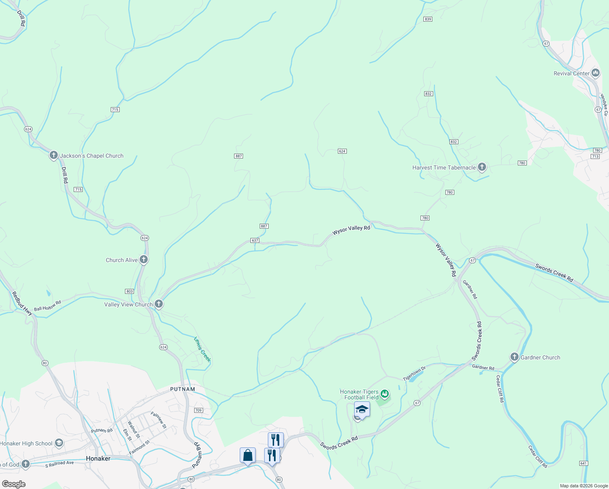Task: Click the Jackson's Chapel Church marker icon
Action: pyautogui.click(x=53, y=155)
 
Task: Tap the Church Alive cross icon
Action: pyautogui.click(x=143, y=260)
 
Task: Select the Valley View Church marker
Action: pyautogui.click(x=159, y=304)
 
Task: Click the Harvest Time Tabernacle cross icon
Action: pyautogui.click(x=482, y=167)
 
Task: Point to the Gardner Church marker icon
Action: pyautogui.click(x=514, y=357)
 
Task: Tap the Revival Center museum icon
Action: pyautogui.click(x=596, y=73)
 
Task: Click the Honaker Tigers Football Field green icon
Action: pyautogui.click(x=385, y=394)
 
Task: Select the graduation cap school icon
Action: pyautogui.click(x=361, y=409)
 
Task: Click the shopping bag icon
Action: pyautogui.click(x=248, y=455)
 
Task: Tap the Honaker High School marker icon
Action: pyautogui.click(x=59, y=443)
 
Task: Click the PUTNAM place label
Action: pyautogui.click(x=183, y=389)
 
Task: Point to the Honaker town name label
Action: pyautogui.click(x=98, y=458)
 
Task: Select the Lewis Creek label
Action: pyautogui.click(x=202, y=349)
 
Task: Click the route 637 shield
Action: pyautogui.click(x=255, y=240)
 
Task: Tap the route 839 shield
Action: pyautogui.click(x=427, y=19)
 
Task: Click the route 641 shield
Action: pyautogui.click(x=583, y=463)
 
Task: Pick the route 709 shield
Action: pyautogui.click(x=198, y=410)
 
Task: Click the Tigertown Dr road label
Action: pyautogui.click(x=414, y=374)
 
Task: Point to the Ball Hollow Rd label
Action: pyautogui.click(x=48, y=306)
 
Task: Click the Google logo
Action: pyautogui.click(x=13, y=484)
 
